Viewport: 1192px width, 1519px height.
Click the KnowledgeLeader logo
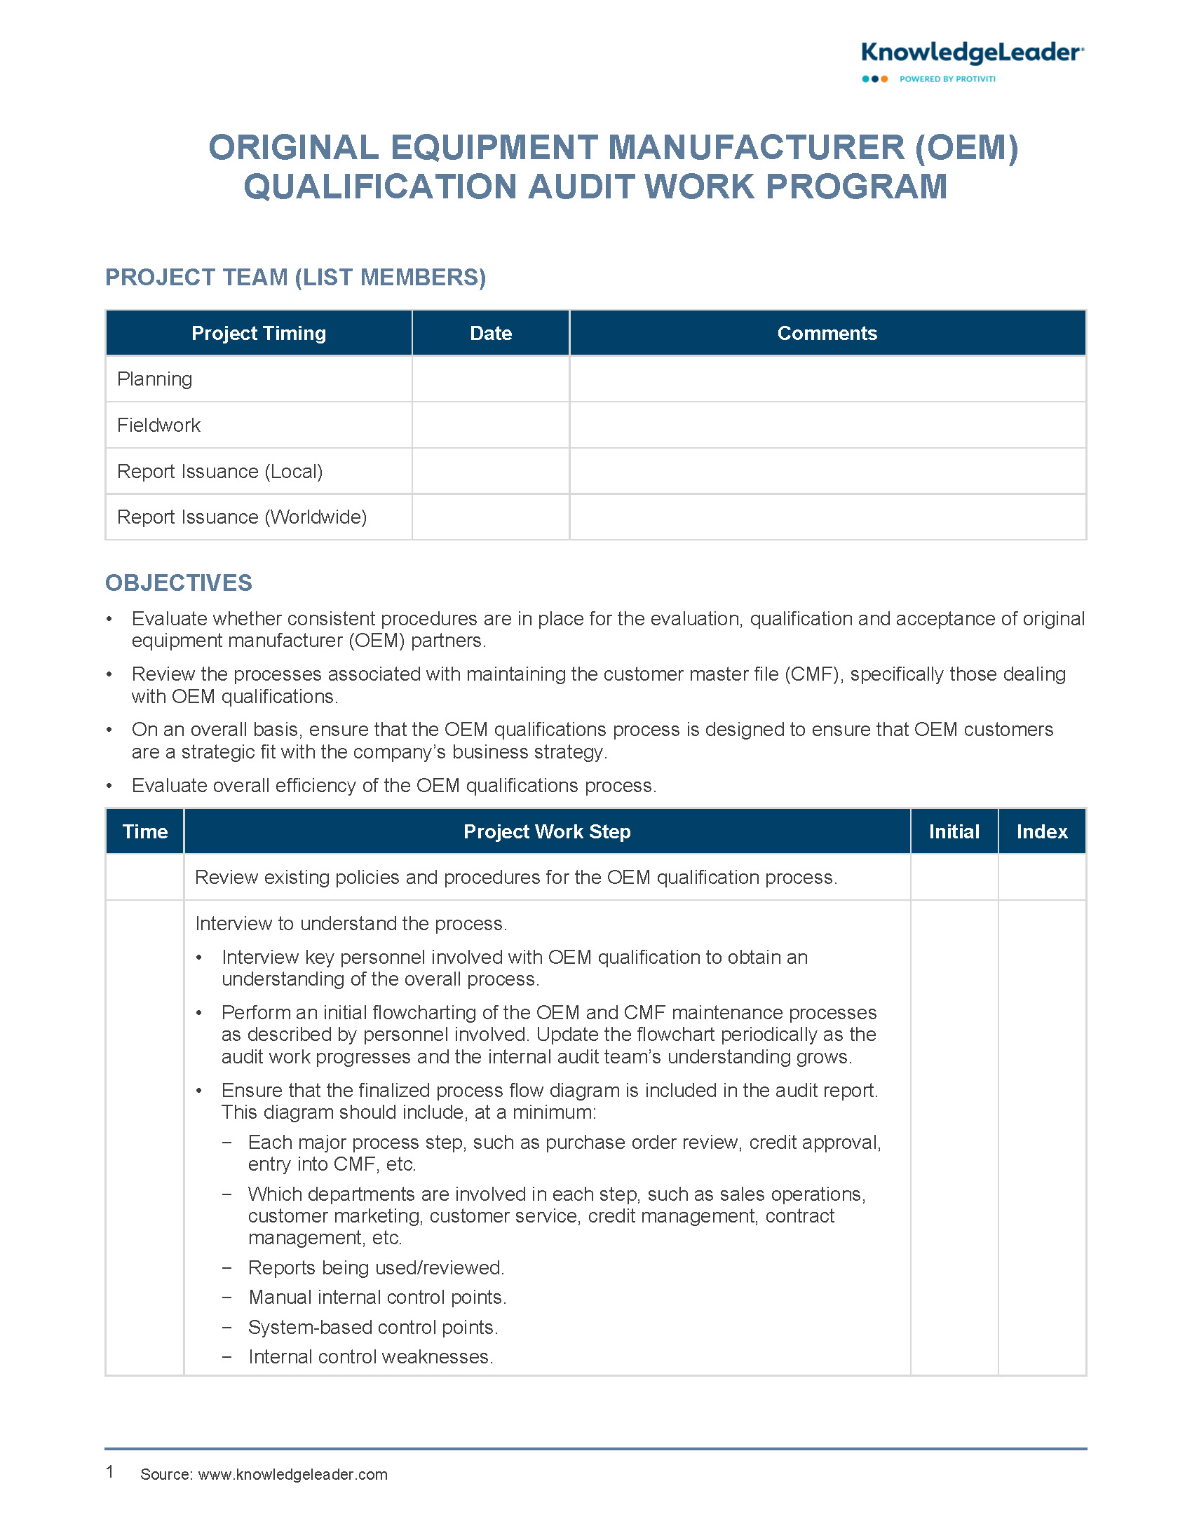[972, 54]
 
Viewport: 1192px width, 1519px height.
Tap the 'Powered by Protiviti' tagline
[947, 79]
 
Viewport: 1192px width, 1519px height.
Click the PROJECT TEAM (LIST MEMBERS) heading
[295, 278]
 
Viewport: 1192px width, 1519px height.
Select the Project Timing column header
[259, 333]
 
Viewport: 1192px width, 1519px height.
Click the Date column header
[491, 333]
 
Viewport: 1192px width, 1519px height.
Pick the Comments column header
[827, 333]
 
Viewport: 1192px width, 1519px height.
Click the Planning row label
[154, 379]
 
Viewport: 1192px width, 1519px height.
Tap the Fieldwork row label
[158, 425]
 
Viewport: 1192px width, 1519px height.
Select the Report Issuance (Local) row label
[219, 472]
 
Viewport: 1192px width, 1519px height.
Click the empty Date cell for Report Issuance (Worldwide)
[491, 517]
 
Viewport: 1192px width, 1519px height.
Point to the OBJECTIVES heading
[179, 583]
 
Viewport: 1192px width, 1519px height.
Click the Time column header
[145, 831]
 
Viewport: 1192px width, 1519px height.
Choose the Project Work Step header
[547, 831]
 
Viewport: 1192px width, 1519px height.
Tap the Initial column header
[954, 831]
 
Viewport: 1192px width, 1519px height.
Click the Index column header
[1042, 831]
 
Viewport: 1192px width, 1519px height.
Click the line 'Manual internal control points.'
[377, 1297]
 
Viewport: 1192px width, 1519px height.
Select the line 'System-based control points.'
[373, 1328]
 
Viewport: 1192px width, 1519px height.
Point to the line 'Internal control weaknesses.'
[371, 1357]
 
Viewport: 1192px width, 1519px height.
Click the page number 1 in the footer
[110, 1471]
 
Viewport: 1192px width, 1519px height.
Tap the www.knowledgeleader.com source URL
[292, 1474]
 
